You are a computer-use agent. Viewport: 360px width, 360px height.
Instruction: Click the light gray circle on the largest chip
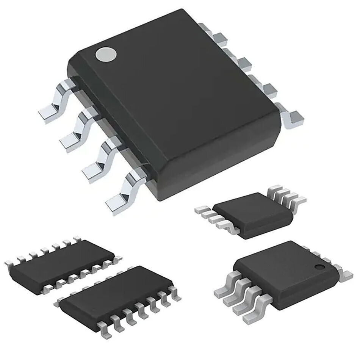point(106,55)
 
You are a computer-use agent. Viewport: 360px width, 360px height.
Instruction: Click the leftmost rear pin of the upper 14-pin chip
point(9,262)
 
